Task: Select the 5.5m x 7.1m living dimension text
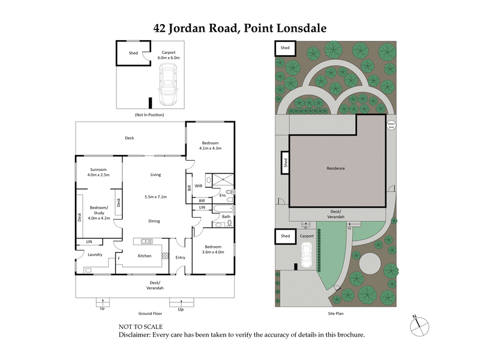155,197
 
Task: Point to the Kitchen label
145,256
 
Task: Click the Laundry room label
95,254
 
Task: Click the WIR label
199,186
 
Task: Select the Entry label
180,257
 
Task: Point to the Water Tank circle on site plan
391,127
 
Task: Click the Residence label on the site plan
335,168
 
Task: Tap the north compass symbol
418,325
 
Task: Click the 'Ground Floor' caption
150,313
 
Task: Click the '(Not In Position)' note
149,115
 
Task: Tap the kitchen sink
147,241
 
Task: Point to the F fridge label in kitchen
119,259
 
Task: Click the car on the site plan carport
305,258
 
